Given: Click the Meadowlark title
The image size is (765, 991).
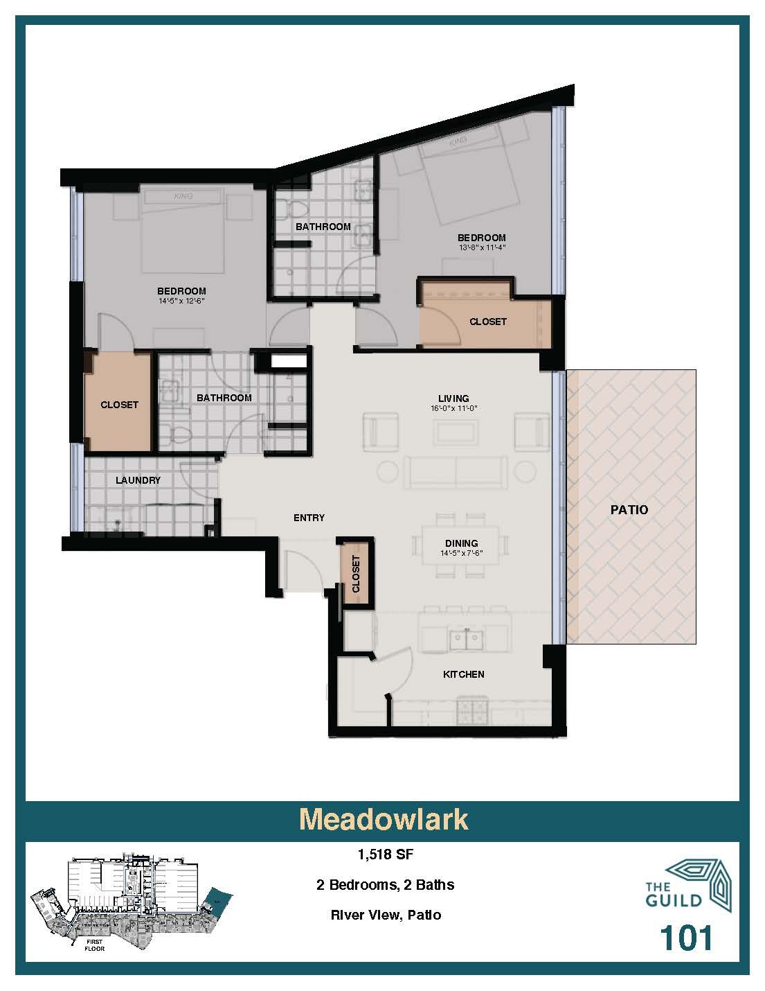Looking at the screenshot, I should [383, 819].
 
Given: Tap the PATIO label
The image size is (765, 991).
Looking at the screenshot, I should [629, 509].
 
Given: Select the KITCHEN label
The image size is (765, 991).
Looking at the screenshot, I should [463, 674].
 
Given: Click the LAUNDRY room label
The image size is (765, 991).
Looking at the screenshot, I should [138, 480].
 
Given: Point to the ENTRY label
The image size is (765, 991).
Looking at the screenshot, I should [309, 518].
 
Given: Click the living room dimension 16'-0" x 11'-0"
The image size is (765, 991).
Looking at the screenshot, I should [453, 409].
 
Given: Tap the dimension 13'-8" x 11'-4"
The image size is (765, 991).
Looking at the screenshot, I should [481, 247].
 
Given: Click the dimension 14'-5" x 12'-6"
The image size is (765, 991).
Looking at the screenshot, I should [181, 301].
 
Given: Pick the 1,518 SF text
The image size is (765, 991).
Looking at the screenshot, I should [385, 854].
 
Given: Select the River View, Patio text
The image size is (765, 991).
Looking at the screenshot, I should [385, 915].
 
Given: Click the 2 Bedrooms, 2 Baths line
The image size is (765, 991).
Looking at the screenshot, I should [385, 885].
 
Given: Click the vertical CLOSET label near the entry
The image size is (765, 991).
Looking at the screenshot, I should [356, 574].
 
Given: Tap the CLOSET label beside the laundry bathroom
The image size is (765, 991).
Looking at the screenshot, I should [119, 405].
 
